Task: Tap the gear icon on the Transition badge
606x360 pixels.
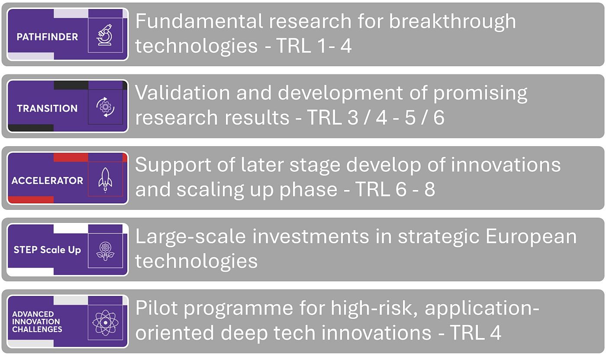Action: coord(105,107)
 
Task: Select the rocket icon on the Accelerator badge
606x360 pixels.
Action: coord(105,179)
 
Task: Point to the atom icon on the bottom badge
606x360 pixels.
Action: coord(105,322)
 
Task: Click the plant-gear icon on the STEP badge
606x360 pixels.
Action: coord(105,251)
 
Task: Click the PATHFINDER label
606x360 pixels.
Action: coord(47,37)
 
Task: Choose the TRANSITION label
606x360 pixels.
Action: coord(47,108)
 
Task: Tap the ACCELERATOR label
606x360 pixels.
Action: coord(47,180)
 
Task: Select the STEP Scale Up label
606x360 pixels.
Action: coord(47,250)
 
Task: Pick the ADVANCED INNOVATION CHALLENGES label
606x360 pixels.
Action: coord(37,321)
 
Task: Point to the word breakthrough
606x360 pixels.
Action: coord(452,22)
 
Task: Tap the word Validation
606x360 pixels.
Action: coord(182,93)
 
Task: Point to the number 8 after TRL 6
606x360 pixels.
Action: coord(429,190)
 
